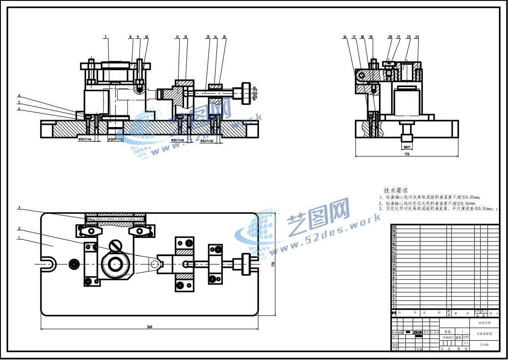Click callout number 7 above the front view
coord(106,36)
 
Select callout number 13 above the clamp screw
coord(208,37)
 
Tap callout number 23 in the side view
coord(416,37)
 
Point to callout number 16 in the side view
coord(345,37)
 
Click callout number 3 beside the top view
coord(19,208)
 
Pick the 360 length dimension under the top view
coord(149,327)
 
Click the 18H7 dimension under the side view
coord(407,147)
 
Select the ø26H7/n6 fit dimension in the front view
coord(115,139)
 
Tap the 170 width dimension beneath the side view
coord(406,154)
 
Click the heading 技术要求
coord(395,190)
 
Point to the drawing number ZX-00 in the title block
coord(484,345)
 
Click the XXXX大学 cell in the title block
coord(484,322)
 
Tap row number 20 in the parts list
coord(394,227)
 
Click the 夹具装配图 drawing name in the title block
coord(484,334)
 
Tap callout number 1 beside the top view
coord(19,238)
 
